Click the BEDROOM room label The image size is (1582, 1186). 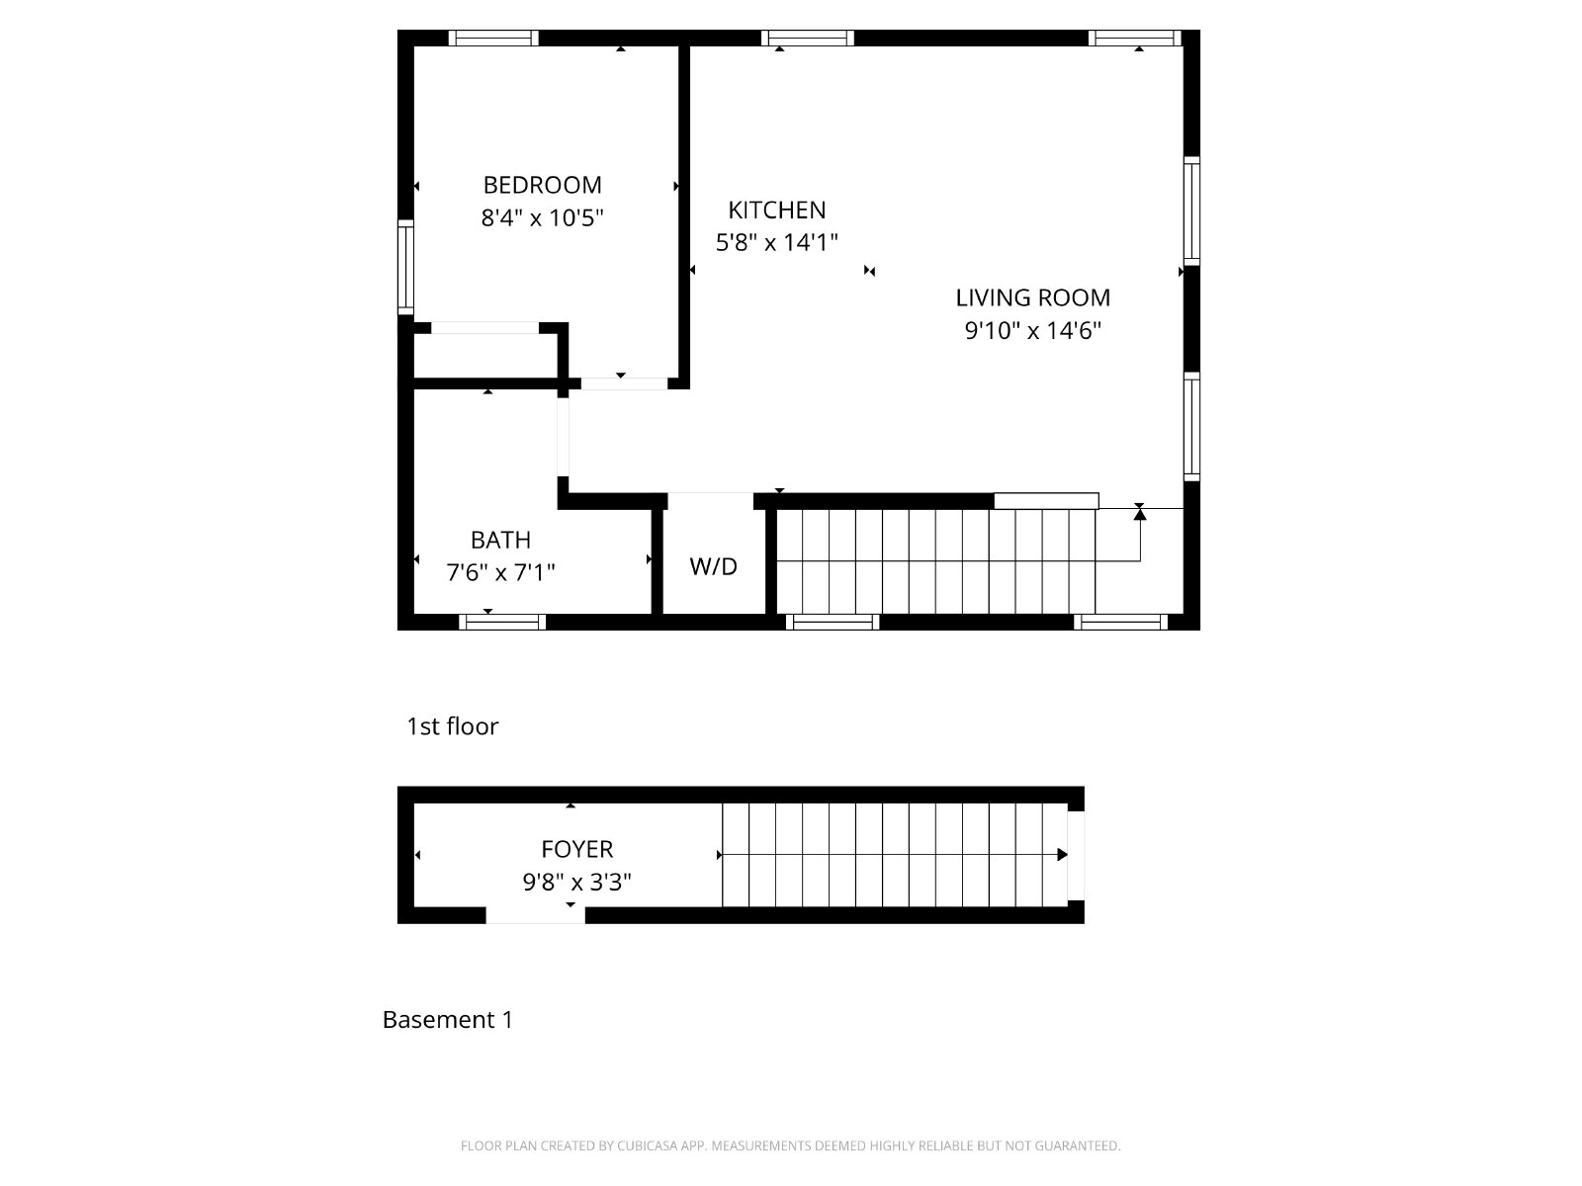pyautogui.click(x=542, y=185)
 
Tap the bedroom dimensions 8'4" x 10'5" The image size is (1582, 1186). pyautogui.click(x=542, y=217)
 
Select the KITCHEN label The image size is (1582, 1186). pyautogui.click(x=776, y=211)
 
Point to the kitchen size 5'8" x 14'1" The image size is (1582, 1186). pyautogui.click(x=776, y=242)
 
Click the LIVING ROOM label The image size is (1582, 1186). pyautogui.click(x=1033, y=297)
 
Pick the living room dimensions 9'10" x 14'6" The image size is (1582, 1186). pyautogui.click(x=1033, y=330)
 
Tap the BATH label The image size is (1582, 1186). pyautogui.click(x=500, y=540)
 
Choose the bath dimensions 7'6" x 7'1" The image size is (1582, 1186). pyautogui.click(x=500, y=572)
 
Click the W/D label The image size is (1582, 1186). pyautogui.click(x=713, y=566)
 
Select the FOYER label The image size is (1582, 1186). pyautogui.click(x=576, y=850)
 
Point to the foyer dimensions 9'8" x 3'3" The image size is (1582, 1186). pyautogui.click(x=576, y=883)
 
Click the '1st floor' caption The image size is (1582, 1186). pyautogui.click(x=452, y=726)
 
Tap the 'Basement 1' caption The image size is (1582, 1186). pyautogui.click(x=448, y=1020)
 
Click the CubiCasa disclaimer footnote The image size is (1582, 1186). pyautogui.click(x=791, y=1145)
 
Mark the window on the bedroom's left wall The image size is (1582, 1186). pyautogui.click(x=405, y=267)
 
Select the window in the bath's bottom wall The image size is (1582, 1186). pyautogui.click(x=502, y=623)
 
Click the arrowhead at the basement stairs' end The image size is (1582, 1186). pyautogui.click(x=1062, y=855)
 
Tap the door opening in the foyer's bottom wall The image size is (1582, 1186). pyautogui.click(x=535, y=915)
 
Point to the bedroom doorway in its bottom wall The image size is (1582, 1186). pyautogui.click(x=624, y=383)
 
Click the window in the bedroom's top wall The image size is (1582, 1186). pyautogui.click(x=493, y=39)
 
